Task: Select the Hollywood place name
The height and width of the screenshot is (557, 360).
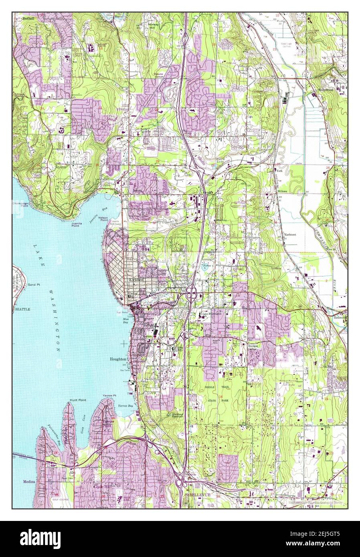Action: pos(326,91)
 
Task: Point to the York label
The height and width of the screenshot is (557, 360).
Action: pos(279,170)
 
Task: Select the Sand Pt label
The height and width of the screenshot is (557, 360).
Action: pos(33,285)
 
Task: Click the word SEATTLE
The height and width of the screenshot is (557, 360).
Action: pos(22,310)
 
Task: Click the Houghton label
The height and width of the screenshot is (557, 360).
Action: pos(118,359)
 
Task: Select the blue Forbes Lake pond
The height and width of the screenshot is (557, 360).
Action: pos(201,267)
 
